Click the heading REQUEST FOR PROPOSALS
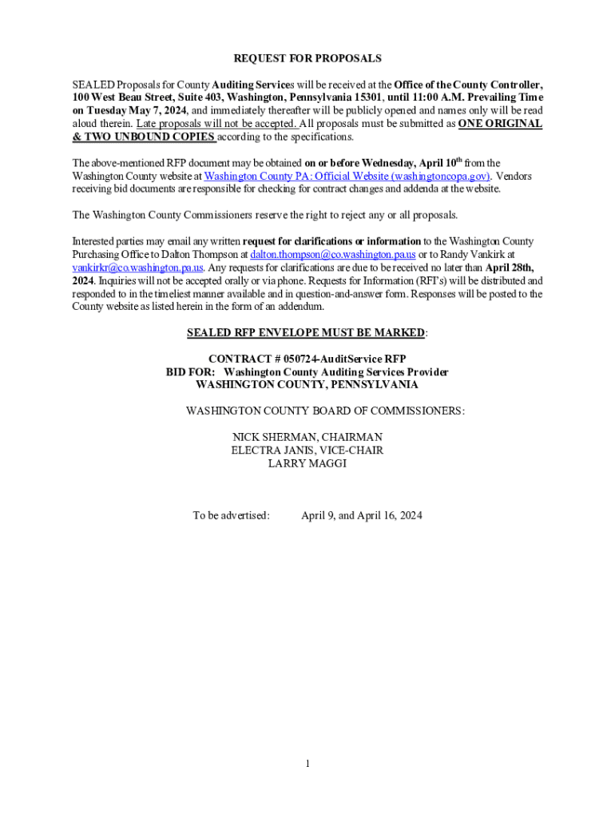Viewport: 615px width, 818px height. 307,58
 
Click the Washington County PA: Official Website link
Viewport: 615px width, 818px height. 347,176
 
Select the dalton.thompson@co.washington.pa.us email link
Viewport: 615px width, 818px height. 333,254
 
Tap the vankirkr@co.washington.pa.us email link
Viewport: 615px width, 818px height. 137,267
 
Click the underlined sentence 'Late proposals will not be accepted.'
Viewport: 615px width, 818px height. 217,124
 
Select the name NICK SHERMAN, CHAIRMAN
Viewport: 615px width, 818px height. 307,437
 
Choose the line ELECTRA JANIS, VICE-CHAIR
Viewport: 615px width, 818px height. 307,450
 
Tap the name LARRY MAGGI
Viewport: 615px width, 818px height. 307,463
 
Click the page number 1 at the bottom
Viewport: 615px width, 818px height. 307,764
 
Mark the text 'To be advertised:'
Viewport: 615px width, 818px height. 231,515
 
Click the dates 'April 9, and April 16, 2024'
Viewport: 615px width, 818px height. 361,515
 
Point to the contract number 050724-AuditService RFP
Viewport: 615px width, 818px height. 341,359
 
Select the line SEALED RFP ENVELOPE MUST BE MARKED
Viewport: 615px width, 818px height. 306,332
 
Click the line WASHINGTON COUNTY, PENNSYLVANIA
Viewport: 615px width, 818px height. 307,385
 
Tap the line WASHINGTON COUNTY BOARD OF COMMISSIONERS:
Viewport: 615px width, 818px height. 325,411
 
